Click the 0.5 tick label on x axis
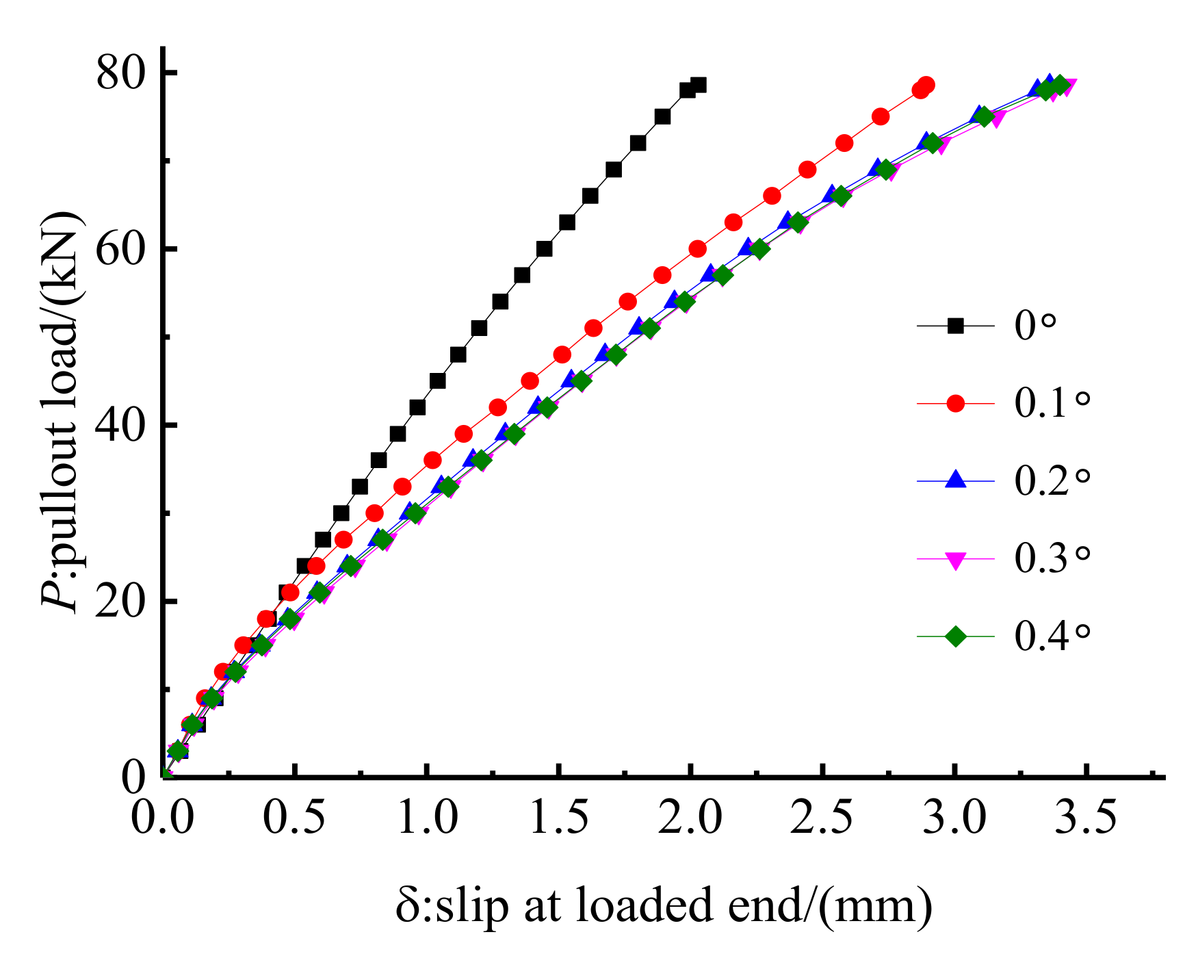tap(294, 817)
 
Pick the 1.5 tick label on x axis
tap(559, 817)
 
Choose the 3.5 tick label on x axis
tap(1086, 817)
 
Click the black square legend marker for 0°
tap(955, 326)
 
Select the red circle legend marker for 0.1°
tap(955, 404)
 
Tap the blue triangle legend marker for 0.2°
tap(955, 480)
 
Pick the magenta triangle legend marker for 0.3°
tap(955, 560)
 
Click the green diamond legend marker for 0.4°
tap(955, 636)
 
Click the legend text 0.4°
tap(1051, 636)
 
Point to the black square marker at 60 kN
tap(545, 249)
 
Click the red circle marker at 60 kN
tap(698, 249)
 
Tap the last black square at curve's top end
tap(699, 85)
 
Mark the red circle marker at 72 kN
tap(844, 143)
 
